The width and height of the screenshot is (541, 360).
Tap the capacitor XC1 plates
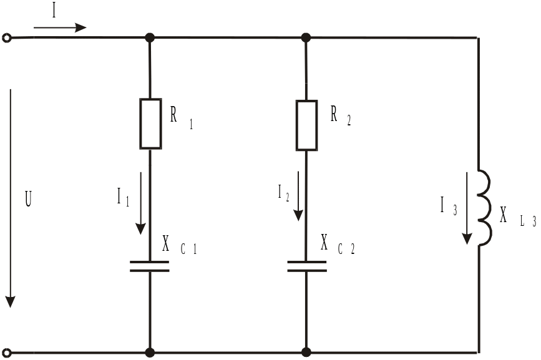pyautogui.click(x=150, y=266)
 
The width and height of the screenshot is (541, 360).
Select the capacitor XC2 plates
pyautogui.click(x=306, y=266)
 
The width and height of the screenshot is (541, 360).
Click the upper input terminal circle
pyautogui.click(x=7, y=38)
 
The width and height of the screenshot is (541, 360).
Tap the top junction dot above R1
pyautogui.click(x=150, y=38)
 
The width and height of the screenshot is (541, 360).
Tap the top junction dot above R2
pyautogui.click(x=306, y=38)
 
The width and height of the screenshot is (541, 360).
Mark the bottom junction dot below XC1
pyautogui.click(x=150, y=353)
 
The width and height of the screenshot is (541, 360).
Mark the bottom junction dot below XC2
pyautogui.click(x=306, y=353)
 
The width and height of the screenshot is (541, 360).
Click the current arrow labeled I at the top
pyautogui.click(x=60, y=27)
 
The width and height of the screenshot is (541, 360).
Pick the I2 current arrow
pyautogui.click(x=298, y=195)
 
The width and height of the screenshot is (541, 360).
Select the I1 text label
pyautogui.click(x=123, y=198)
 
